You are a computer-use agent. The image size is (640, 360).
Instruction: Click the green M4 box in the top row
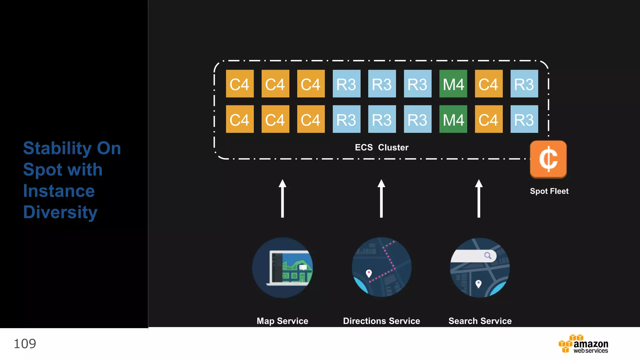pos(453,84)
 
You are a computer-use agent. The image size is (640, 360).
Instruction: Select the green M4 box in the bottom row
pos(453,119)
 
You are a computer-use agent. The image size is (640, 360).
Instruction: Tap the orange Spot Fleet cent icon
pos(548,159)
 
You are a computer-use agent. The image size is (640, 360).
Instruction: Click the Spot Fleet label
pos(549,191)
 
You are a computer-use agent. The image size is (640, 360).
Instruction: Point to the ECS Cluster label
pos(382,147)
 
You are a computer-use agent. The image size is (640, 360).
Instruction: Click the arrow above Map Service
pos(282,198)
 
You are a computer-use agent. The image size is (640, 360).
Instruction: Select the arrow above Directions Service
pos(381,198)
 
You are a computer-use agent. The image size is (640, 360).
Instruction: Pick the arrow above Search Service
pos(479,198)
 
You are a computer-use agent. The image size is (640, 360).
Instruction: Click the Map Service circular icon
pos(282,267)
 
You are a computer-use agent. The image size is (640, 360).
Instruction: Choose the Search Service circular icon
pos(480,267)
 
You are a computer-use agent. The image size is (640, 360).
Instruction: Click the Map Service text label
pos(282,321)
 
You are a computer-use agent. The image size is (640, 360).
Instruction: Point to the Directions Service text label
pos(382,321)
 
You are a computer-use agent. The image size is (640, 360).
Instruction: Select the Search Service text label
pos(480,321)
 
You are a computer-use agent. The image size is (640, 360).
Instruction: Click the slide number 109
pos(25,344)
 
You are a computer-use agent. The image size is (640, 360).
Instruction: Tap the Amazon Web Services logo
pos(583,344)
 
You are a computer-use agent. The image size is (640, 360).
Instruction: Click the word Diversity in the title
pos(60,212)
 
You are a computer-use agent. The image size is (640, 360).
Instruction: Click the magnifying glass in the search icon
pos(488,256)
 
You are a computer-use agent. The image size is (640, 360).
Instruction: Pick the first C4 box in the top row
pos(240,84)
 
